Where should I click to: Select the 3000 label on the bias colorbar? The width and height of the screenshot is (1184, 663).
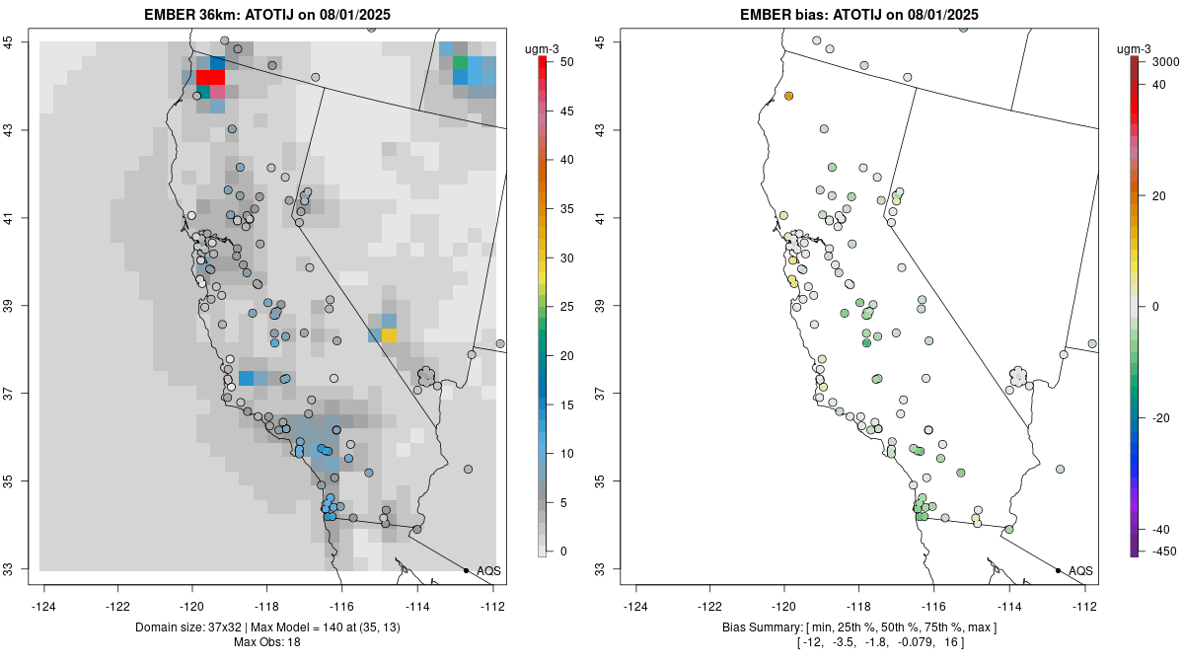click(x=1165, y=61)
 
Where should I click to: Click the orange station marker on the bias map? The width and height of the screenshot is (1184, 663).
click(x=789, y=96)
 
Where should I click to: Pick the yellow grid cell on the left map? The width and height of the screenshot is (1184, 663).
click(x=389, y=335)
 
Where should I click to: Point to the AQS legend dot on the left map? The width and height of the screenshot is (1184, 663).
click(x=466, y=570)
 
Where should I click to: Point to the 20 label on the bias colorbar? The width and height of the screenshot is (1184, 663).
click(x=1160, y=195)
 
